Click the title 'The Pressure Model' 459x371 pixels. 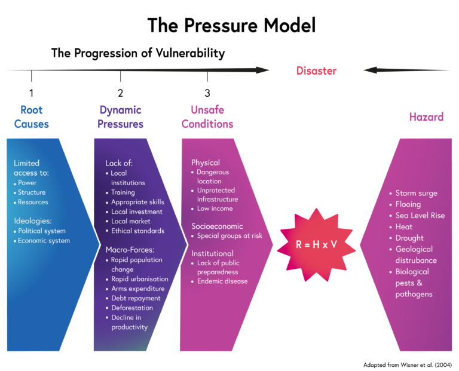[x=231, y=25]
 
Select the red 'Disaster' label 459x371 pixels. [x=316, y=71]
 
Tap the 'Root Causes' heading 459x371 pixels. [x=32, y=117]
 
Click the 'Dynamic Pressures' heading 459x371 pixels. [x=120, y=117]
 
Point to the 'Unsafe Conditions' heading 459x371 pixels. [x=207, y=117]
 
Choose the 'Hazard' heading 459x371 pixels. [x=426, y=117]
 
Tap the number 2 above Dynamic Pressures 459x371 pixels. [x=120, y=93]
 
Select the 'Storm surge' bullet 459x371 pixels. [x=416, y=194]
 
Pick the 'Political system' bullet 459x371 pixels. [x=41, y=231]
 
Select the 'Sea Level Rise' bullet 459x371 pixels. [x=420, y=216]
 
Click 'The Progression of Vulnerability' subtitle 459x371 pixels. [x=138, y=53]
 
